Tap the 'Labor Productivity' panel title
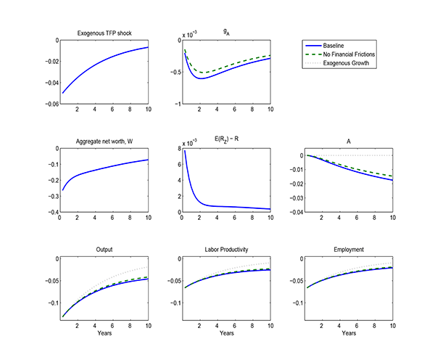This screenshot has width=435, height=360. [x=226, y=250]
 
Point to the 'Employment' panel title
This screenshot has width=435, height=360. [x=349, y=250]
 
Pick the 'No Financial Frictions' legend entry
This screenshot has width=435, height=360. [x=350, y=54]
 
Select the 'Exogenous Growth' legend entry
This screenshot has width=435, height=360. [x=346, y=63]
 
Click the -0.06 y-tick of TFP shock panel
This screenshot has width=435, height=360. [x=48, y=105]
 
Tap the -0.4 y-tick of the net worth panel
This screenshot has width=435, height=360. [x=50, y=213]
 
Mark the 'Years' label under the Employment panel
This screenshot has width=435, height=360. [x=349, y=333]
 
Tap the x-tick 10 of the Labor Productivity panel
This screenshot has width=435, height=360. [x=270, y=325]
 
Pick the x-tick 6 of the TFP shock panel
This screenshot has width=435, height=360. [x=112, y=110]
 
